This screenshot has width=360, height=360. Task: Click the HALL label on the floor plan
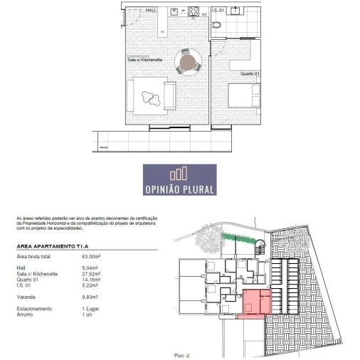pyautogui.click(x=150, y=11)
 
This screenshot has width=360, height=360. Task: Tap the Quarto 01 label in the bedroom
pyautogui.click(x=249, y=74)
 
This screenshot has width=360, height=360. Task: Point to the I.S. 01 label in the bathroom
pyautogui.click(x=218, y=11)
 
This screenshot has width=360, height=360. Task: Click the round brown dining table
pyautogui.click(x=188, y=63)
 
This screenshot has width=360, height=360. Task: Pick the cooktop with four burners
pyautogui.click(x=193, y=11)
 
